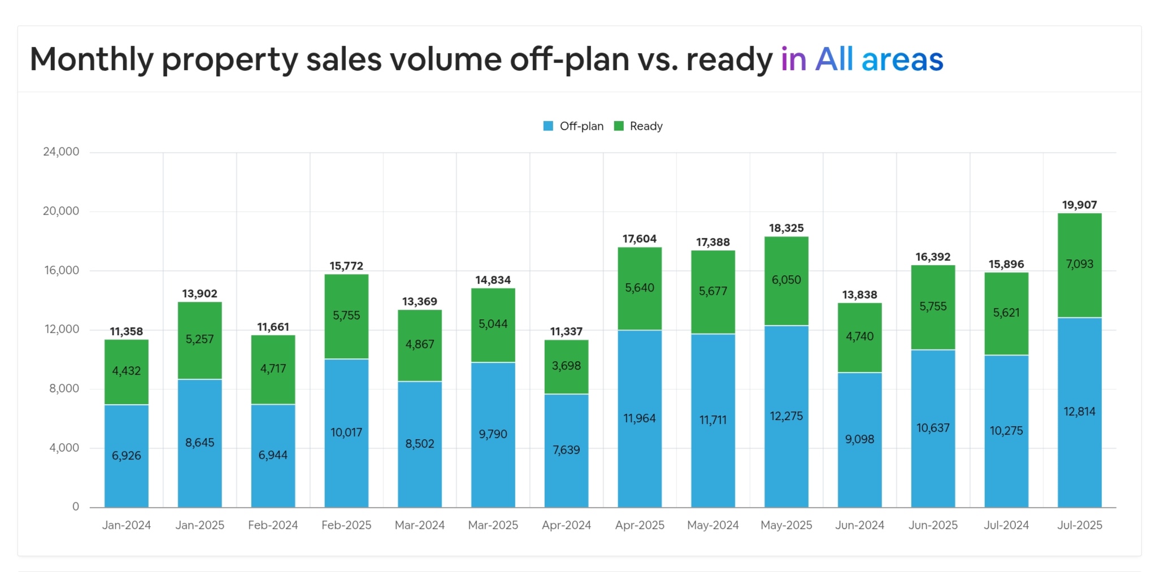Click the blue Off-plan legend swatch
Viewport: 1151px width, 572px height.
(x=548, y=126)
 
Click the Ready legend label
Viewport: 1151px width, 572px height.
(x=646, y=126)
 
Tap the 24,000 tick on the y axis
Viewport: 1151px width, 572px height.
(x=61, y=151)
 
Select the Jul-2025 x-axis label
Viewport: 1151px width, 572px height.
(x=1079, y=525)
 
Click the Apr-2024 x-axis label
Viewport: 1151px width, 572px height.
(x=566, y=525)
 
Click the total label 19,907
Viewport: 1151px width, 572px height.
(x=1079, y=205)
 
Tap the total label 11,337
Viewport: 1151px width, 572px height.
(x=566, y=331)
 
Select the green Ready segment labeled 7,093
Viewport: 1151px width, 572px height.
(x=1079, y=264)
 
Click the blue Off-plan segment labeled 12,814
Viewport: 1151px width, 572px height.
(x=1079, y=411)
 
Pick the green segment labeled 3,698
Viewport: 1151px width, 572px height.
(x=566, y=366)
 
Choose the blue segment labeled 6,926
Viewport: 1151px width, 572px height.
(x=126, y=456)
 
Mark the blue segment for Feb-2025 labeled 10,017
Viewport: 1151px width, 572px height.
(x=346, y=432)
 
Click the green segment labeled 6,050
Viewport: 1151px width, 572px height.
(x=786, y=280)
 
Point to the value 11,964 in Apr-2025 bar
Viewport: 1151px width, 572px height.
(x=639, y=418)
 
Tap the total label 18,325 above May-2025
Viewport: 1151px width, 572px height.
(x=786, y=228)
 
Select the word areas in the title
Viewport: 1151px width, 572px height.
(x=902, y=59)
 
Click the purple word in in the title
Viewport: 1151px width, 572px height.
(x=793, y=59)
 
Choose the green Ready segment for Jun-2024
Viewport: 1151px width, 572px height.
(x=859, y=336)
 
